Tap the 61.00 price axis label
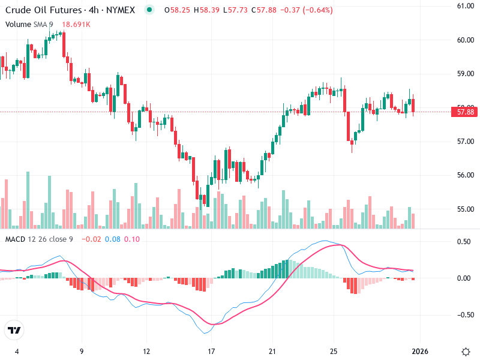(466, 6)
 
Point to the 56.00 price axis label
(466, 175)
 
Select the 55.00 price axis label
(466, 209)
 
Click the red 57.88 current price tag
(466, 112)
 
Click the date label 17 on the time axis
(211, 351)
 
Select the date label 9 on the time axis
(81, 351)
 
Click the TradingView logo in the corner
(14, 331)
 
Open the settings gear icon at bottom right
(466, 351)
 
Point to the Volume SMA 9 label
(29, 24)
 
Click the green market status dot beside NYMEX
(149, 10)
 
